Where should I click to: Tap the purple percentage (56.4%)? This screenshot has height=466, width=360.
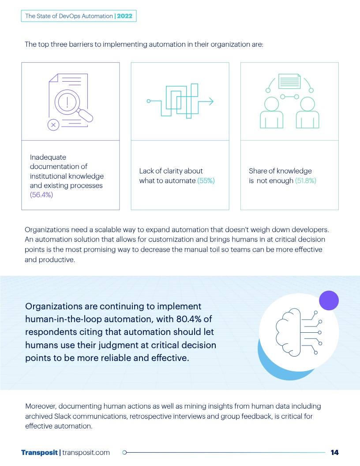click(41, 195)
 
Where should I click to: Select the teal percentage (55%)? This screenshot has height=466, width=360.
click(206, 180)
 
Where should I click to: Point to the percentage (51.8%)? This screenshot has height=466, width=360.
click(305, 180)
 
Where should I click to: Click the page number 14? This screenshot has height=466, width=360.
click(334, 452)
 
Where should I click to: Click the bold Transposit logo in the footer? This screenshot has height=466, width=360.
click(39, 452)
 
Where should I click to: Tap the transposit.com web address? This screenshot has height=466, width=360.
click(86, 452)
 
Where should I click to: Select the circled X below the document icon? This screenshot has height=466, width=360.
click(53, 125)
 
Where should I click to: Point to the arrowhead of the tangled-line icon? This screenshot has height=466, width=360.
click(211, 101)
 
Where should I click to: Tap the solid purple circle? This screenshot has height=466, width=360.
click(328, 301)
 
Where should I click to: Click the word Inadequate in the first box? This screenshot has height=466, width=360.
click(48, 157)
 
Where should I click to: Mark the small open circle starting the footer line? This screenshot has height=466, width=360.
click(124, 452)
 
